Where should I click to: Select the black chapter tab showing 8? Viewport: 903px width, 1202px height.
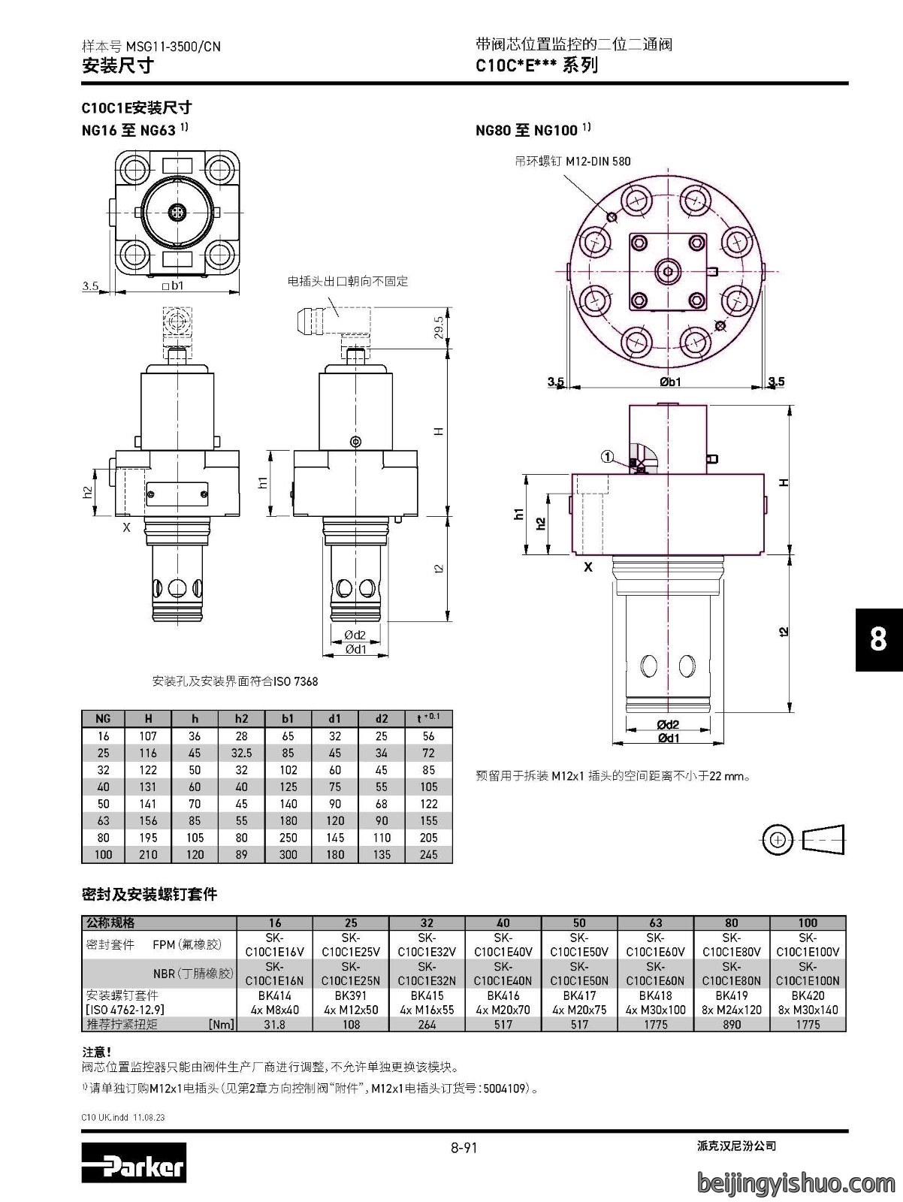click(879, 639)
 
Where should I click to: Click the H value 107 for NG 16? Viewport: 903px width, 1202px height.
click(148, 736)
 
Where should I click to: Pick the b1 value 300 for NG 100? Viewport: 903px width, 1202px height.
click(288, 854)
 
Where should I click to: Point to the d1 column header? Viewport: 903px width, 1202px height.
click(334, 719)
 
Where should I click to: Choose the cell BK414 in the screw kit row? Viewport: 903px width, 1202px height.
click(274, 995)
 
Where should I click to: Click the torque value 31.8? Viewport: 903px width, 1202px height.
click(274, 1024)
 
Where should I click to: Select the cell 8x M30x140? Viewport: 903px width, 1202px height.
click(808, 1010)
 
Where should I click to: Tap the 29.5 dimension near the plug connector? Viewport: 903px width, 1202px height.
click(439, 328)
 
